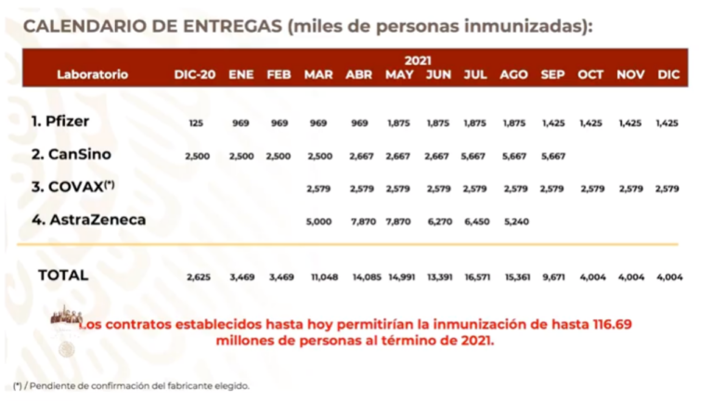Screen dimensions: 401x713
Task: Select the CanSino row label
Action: tap(70, 155)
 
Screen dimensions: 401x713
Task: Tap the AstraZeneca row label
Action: tap(81, 220)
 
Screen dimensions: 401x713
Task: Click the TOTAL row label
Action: tap(63, 275)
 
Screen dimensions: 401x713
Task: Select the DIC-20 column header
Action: tap(195, 74)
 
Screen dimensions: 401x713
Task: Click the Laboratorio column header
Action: tap(92, 74)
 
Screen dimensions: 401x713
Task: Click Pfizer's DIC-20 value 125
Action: tap(196, 123)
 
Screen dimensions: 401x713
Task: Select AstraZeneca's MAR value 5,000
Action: tap(318, 222)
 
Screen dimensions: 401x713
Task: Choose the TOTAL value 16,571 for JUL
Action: tap(475, 277)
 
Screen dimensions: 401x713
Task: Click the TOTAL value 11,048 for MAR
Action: tap(318, 277)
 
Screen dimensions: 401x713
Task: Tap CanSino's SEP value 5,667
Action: tap(551, 156)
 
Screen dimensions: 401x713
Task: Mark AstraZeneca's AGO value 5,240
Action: tap(513, 222)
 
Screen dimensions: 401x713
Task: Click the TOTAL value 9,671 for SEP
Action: tap(551, 277)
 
